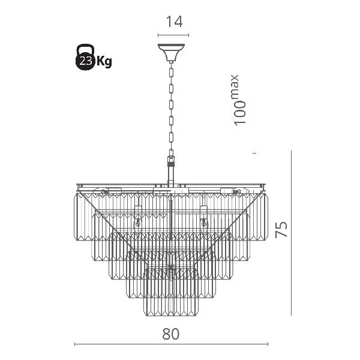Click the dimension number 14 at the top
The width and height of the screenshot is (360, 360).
click(x=174, y=22)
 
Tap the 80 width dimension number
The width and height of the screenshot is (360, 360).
click(x=171, y=334)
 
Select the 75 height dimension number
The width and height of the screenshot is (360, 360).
click(x=281, y=229)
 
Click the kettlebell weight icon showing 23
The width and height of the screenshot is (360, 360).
click(x=85, y=57)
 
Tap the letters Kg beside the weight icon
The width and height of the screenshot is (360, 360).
click(x=104, y=61)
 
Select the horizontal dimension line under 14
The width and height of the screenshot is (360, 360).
click(x=173, y=35)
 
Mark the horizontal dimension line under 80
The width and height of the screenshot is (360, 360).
click(x=171, y=344)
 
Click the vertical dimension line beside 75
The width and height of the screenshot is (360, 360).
click(x=291, y=233)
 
